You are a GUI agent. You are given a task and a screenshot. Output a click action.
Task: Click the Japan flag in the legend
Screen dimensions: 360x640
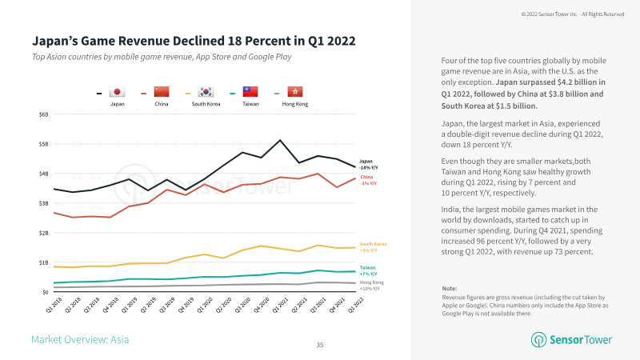(x=117, y=93)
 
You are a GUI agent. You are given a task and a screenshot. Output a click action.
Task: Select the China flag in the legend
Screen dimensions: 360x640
(x=161, y=93)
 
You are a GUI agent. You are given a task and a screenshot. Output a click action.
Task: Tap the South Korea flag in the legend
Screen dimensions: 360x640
(x=206, y=93)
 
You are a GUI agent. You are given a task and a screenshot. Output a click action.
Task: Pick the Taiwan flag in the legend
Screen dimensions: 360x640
(x=250, y=93)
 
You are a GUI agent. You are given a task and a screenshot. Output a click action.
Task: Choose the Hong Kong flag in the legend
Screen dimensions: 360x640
(x=294, y=93)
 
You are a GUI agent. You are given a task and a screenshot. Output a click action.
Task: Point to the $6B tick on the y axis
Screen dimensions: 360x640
(x=43, y=114)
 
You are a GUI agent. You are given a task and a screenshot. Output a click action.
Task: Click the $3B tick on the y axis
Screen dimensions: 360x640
(x=43, y=203)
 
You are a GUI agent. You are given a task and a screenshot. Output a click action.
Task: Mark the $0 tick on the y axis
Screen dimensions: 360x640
(x=45, y=292)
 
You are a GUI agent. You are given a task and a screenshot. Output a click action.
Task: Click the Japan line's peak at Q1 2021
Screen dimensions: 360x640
(x=280, y=140)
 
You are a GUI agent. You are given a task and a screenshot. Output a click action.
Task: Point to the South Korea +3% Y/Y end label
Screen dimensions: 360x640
(x=374, y=247)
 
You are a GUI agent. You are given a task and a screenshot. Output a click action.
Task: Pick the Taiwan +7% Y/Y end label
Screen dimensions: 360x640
(x=369, y=271)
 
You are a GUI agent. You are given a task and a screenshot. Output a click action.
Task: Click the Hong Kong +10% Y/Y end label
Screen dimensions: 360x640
(x=370, y=286)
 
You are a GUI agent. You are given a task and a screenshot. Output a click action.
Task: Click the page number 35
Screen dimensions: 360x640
(x=320, y=345)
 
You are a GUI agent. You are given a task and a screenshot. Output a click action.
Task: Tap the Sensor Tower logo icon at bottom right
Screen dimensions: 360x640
(x=538, y=340)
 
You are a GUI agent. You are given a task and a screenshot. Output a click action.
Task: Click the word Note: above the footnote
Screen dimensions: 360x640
(x=449, y=287)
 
